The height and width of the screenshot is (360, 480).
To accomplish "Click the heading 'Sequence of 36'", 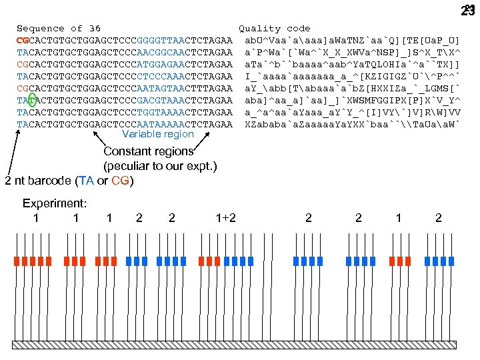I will (59, 29).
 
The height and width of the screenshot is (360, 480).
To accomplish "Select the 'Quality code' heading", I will (275, 29).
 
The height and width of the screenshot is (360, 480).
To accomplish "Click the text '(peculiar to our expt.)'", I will (160, 166).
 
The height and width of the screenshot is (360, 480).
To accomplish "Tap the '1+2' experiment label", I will (226, 217).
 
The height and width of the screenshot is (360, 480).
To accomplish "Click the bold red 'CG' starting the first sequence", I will (23, 41).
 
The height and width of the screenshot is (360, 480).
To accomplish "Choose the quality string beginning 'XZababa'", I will (352, 124).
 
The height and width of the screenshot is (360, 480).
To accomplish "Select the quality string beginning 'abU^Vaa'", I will (352, 41).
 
